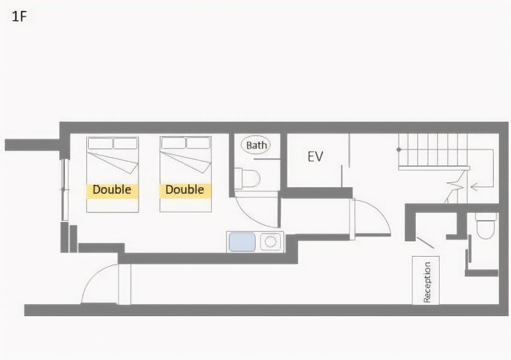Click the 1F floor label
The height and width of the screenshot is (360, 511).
(19, 16)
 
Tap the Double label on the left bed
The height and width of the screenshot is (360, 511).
(112, 190)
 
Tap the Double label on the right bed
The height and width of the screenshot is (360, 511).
(185, 190)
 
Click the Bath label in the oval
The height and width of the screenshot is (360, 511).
(256, 145)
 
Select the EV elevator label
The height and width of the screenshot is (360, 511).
(315, 157)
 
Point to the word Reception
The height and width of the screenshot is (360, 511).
(426, 283)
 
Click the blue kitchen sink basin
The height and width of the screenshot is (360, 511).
(242, 242)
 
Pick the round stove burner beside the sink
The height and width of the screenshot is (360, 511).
(270, 242)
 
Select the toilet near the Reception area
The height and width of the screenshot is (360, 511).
(486, 225)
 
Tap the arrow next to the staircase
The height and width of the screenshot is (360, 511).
(482, 187)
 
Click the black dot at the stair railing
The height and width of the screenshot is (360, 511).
(399, 149)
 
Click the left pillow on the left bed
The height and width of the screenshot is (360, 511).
(100, 143)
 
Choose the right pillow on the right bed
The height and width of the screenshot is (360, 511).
(198, 143)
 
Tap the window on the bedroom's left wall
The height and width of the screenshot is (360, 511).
(65, 190)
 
